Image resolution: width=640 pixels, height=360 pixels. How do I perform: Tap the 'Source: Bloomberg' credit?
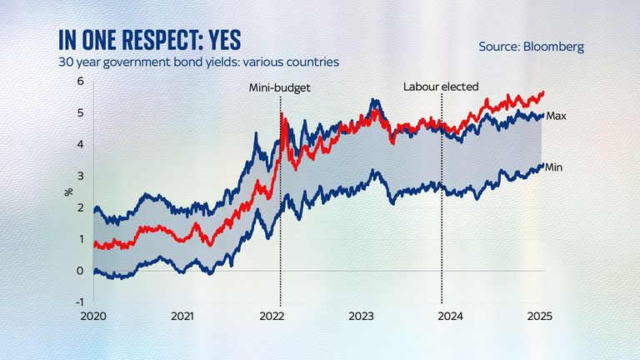coord(531,47)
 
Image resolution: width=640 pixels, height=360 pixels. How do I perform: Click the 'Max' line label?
coord(556,116)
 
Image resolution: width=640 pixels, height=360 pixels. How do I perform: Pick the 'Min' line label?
coord(555,167)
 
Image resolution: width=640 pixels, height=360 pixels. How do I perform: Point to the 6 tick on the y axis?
coord(81,81)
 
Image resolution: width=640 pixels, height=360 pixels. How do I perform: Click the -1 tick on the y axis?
coord(79,302)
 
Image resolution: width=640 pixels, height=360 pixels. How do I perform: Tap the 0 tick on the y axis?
coord(81,270)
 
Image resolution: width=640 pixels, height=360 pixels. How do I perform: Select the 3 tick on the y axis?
coord(81,176)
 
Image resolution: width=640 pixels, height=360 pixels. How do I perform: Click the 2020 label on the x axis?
coord(93,317)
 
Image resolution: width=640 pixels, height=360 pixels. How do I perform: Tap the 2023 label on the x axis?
coord(360,317)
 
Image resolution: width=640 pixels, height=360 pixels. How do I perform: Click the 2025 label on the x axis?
coord(539,317)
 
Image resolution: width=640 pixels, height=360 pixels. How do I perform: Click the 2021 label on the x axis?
coord(182,317)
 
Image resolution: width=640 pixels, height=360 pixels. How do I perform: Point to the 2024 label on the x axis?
coord(450,317)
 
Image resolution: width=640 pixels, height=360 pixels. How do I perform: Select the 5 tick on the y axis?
coord(81,112)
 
